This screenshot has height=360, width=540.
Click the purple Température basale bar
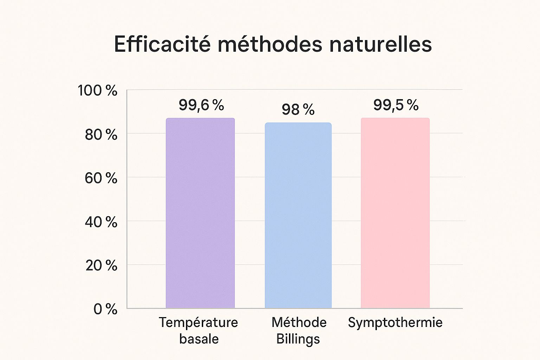pyautogui.click(x=200, y=213)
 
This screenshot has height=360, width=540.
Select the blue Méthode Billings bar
pyautogui.click(x=298, y=215)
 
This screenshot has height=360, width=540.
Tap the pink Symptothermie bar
pyautogui.click(x=395, y=213)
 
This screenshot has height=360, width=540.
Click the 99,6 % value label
pyautogui.click(x=201, y=105)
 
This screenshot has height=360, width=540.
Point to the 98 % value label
pyautogui.click(x=298, y=110)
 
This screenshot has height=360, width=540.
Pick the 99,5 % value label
pyautogui.click(x=396, y=105)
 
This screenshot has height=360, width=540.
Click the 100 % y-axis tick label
pyautogui.click(x=97, y=91)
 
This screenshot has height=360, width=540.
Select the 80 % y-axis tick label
pyautogui.click(x=101, y=135)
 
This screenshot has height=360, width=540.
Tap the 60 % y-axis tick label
pyautogui.click(x=101, y=178)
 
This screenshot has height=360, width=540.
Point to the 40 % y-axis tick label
pyautogui.click(x=101, y=222)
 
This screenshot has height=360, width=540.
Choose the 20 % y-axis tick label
pyautogui.click(x=101, y=266)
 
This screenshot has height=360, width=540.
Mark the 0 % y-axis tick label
pyautogui.click(x=105, y=309)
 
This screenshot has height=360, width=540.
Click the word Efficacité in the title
pyautogui.click(x=162, y=44)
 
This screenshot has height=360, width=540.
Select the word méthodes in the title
pyautogui.click(x=270, y=44)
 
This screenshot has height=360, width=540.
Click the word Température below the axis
pyautogui.click(x=199, y=322)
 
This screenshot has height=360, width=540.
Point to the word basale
pyautogui.click(x=199, y=339)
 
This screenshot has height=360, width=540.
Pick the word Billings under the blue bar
pyautogui.click(x=298, y=339)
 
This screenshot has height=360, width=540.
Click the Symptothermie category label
pyautogui.click(x=395, y=323)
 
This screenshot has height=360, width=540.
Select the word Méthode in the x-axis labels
pyautogui.click(x=299, y=322)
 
